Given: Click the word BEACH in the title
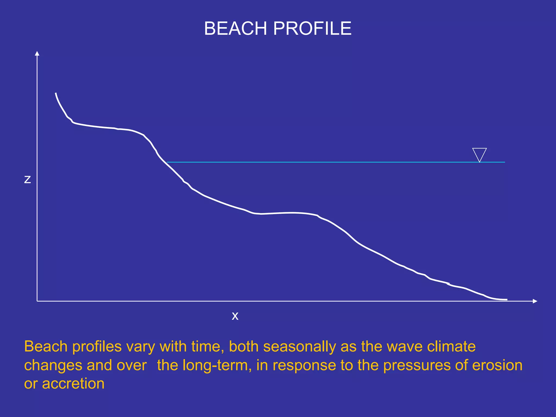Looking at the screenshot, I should [x=235, y=28].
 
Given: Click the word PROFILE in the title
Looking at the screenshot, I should [x=312, y=28].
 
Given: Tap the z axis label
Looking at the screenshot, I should [x=27, y=179].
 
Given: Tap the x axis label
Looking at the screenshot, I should [x=235, y=316].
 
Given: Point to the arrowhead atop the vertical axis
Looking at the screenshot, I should [x=37, y=53].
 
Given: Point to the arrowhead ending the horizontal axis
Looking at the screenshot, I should [x=535, y=301].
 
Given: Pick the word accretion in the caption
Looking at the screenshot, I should [x=73, y=384].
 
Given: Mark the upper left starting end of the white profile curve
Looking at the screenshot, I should [x=56, y=93].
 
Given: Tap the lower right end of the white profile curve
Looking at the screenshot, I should [x=507, y=300].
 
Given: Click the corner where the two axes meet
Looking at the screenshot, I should [x=37, y=301].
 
